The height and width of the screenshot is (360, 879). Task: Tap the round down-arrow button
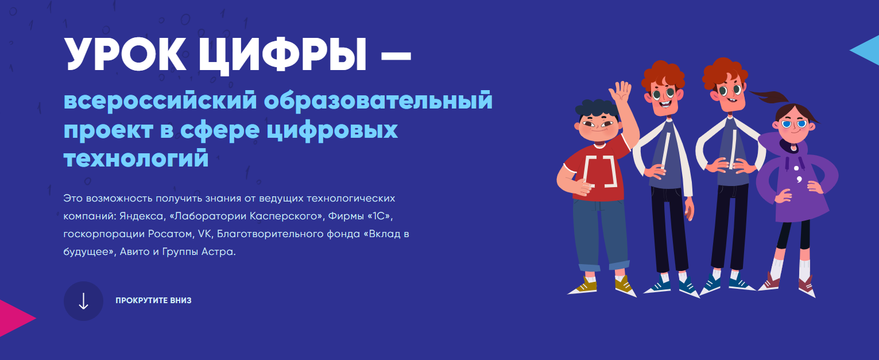[83, 301]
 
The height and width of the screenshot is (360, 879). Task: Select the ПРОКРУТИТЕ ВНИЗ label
[153, 301]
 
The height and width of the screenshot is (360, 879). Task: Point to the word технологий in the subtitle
[135, 158]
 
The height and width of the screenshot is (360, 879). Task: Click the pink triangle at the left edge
[14, 317]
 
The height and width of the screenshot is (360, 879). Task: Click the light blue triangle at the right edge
[867, 51]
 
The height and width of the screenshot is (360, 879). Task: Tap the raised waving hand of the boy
[621, 92]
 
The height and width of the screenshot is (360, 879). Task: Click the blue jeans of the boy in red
[600, 235]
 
